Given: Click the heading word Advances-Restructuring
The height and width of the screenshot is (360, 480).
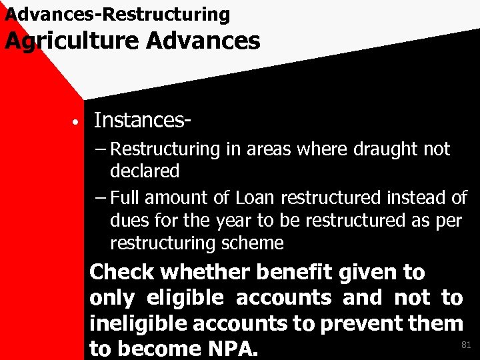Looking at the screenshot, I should pos(117,13).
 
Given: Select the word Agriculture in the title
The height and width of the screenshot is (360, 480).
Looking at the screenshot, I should pos(71,41).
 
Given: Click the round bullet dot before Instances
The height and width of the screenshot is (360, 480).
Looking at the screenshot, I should pos(77,122).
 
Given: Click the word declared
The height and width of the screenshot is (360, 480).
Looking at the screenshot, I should pos(145,171).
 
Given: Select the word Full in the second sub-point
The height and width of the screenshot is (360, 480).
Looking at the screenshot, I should pos(125,198).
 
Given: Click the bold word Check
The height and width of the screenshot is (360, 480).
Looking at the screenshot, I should pos(121,272).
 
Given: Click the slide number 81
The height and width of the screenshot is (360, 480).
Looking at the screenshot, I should pos(466,345).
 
